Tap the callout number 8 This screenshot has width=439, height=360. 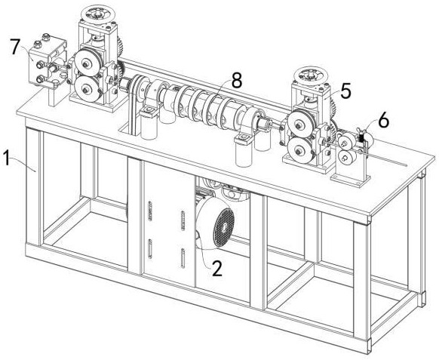click(237, 80)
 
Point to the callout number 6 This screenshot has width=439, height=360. click(383, 121)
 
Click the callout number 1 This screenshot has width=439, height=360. click(6, 158)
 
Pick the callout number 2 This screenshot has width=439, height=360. click(217, 269)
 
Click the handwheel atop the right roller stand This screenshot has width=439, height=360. click(311, 75)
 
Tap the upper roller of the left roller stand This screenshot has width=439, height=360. click(86, 64)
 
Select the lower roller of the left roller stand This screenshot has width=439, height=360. click(86, 88)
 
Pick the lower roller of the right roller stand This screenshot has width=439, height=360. click(299, 150)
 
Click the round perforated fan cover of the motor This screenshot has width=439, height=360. click(223, 228)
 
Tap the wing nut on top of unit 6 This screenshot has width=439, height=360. click(362, 131)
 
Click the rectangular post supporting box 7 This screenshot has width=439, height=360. click(55, 97)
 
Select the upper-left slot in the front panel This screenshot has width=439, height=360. click(150, 211)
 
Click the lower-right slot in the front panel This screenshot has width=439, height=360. click(183, 258)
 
